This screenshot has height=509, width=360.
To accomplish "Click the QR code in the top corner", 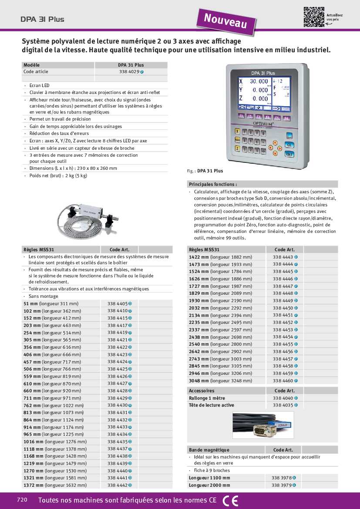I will pyautogui.click(x=314, y=17).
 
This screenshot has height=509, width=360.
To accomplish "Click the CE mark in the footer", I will pyautogui.click(x=230, y=501).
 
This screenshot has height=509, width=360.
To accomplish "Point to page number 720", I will pyautogui.click(x=22, y=500).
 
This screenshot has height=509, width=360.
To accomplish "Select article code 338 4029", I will pyautogui.click(x=129, y=72).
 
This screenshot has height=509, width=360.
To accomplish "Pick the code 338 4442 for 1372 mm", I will pyautogui.click(x=118, y=485).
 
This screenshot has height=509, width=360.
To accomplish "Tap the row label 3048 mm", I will pyautogui.click(x=198, y=381).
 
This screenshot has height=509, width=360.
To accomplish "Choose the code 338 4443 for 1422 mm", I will pyautogui.click(x=283, y=257).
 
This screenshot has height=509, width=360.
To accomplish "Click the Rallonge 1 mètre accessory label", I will pyautogui.click(x=207, y=398).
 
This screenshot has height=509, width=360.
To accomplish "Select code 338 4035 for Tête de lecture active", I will pyautogui.click(x=283, y=405).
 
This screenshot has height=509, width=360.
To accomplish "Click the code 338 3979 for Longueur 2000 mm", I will pyautogui.click(x=282, y=485).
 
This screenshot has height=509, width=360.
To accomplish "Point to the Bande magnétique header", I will pyautogui.click(x=209, y=450).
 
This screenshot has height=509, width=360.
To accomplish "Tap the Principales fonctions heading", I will pyautogui.click(x=213, y=184).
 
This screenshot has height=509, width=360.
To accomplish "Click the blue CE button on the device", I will pyautogui.click(x=288, y=145).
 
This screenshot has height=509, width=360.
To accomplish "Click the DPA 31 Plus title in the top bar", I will pyautogui.click(x=42, y=19).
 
